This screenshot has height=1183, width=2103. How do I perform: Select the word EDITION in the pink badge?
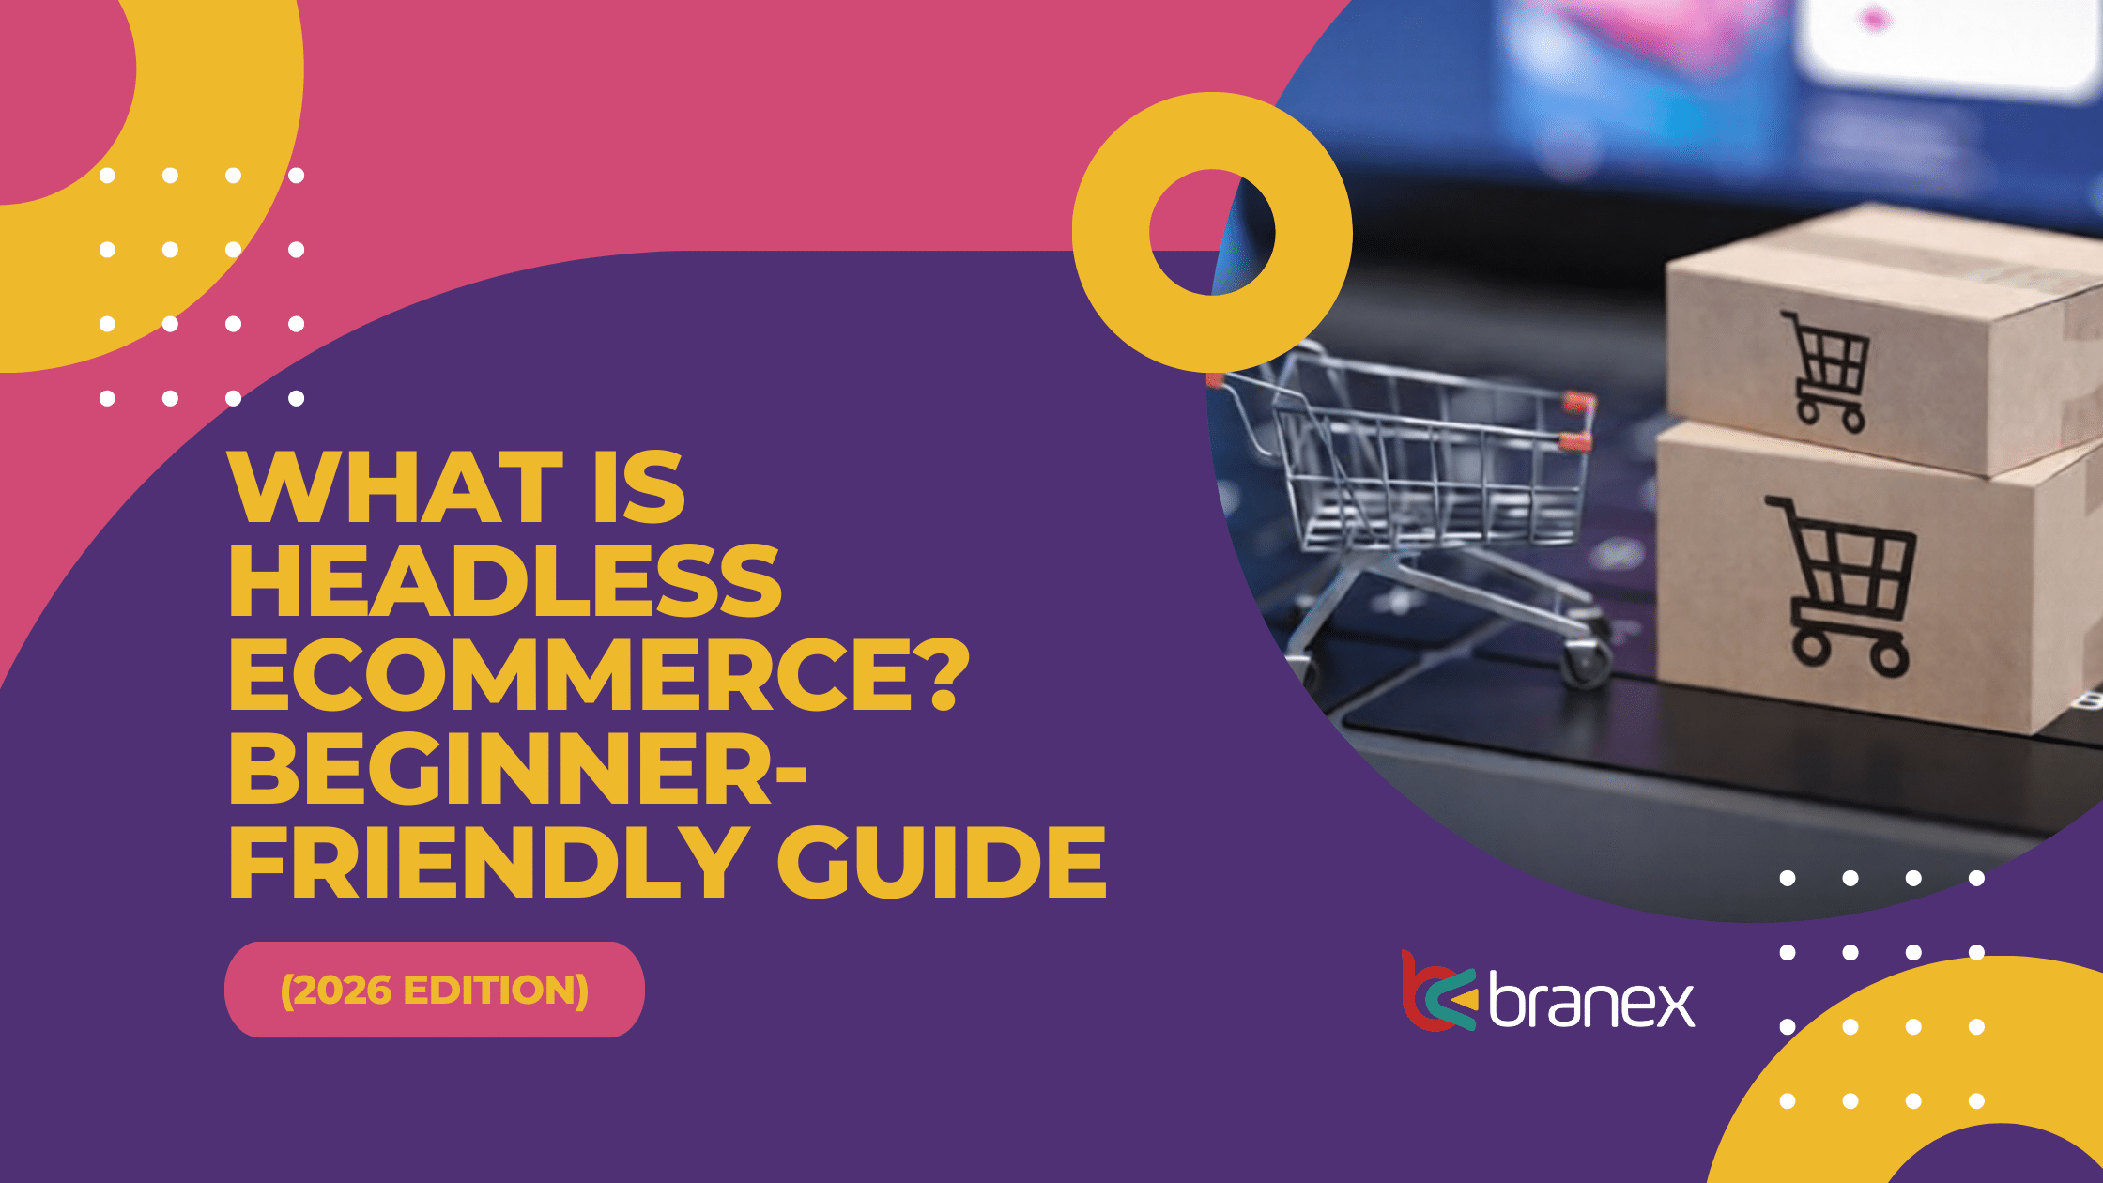click(490, 991)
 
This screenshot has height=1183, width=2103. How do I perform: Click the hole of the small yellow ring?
click(1212, 232)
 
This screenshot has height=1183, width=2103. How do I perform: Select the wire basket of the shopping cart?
click(1418, 460)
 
